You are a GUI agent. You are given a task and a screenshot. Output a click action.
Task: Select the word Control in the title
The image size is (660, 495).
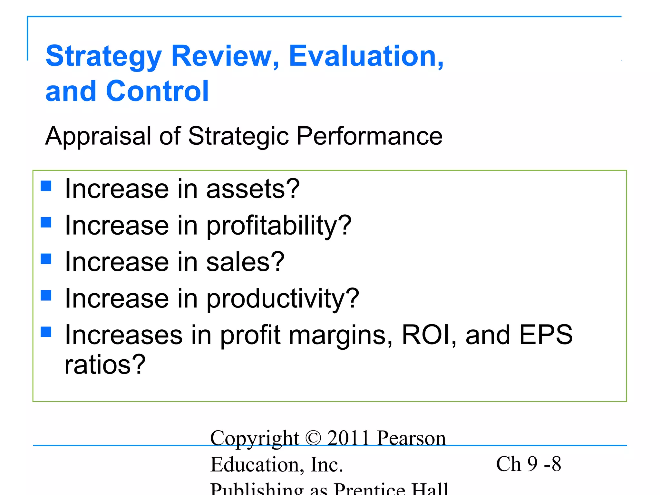157,91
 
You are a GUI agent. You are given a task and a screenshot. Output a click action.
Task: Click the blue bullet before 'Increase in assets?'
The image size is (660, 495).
46,186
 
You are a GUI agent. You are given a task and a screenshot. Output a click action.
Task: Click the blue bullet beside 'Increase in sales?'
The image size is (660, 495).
46,259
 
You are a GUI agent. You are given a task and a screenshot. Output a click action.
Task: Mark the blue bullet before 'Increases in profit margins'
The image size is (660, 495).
46,332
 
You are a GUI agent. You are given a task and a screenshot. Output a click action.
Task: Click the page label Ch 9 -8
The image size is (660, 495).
529,464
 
